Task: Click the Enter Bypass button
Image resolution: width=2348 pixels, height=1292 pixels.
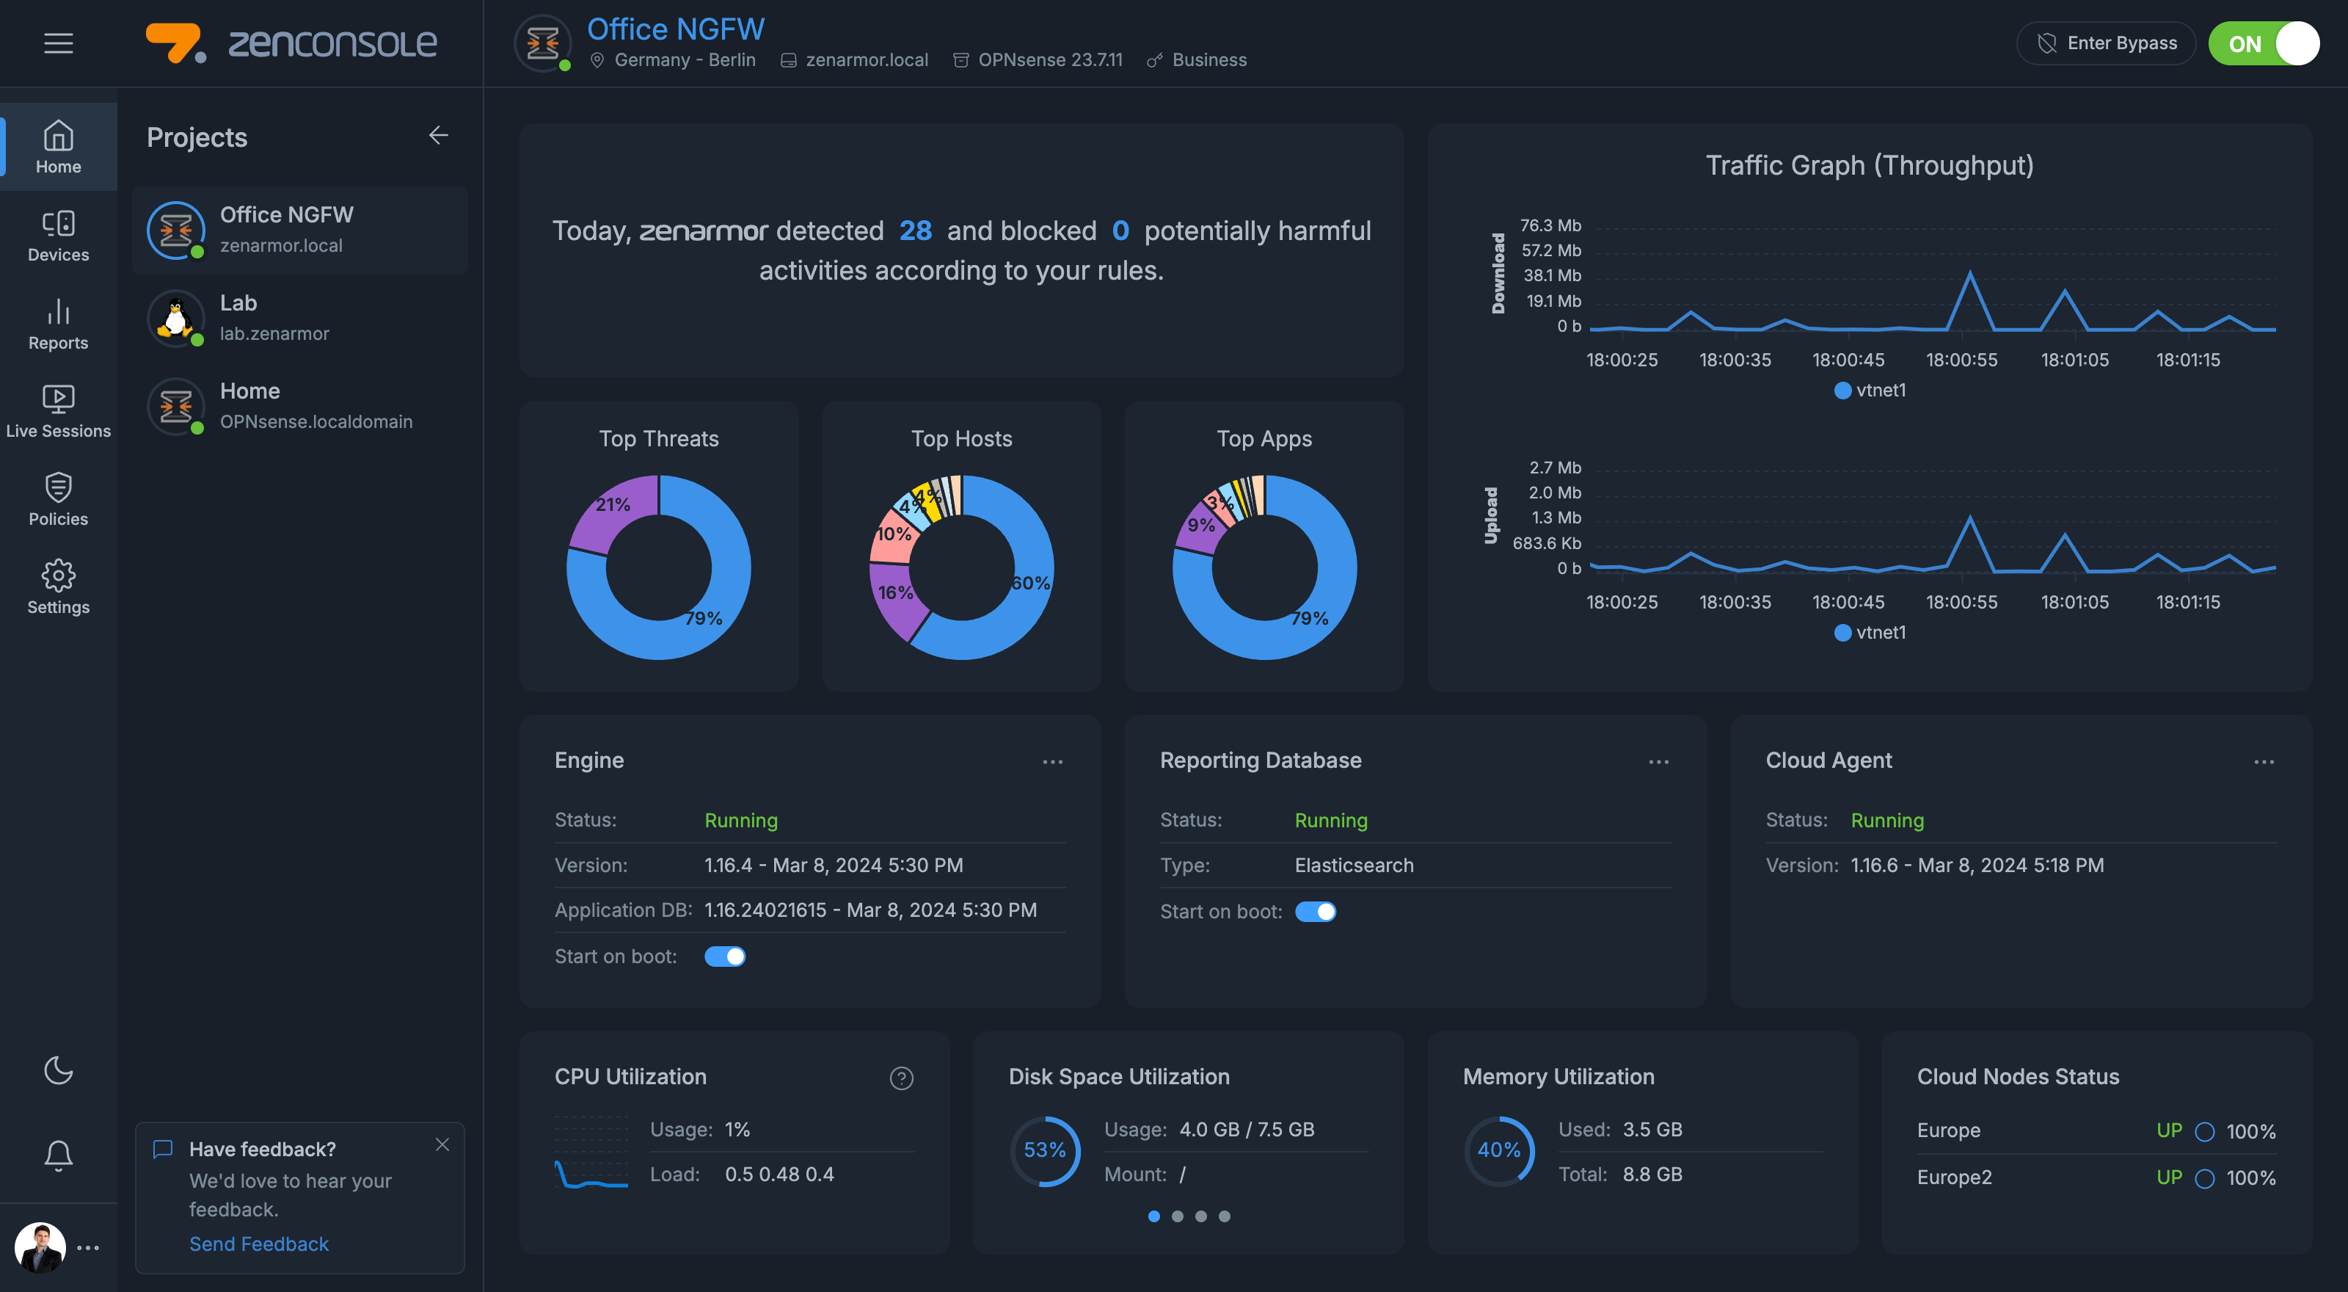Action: (x=2106, y=44)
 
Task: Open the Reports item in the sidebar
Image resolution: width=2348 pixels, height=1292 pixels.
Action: (x=59, y=324)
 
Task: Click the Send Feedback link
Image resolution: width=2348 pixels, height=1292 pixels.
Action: (x=259, y=1244)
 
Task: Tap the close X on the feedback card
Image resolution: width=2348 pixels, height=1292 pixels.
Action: (x=442, y=1144)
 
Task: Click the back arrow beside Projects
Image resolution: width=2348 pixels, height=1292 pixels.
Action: (x=439, y=136)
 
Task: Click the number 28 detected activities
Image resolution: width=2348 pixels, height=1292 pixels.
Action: (x=915, y=231)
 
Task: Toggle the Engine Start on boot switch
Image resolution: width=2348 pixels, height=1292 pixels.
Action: (x=725, y=957)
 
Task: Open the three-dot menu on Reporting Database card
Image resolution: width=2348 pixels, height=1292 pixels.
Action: (x=1658, y=762)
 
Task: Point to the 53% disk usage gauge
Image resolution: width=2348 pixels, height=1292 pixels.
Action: (x=1045, y=1150)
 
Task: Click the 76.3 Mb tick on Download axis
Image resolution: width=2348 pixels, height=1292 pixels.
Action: (x=1550, y=225)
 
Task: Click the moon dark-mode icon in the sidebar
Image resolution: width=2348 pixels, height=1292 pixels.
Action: (x=59, y=1070)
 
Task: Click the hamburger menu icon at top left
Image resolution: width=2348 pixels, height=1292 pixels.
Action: (x=59, y=43)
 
